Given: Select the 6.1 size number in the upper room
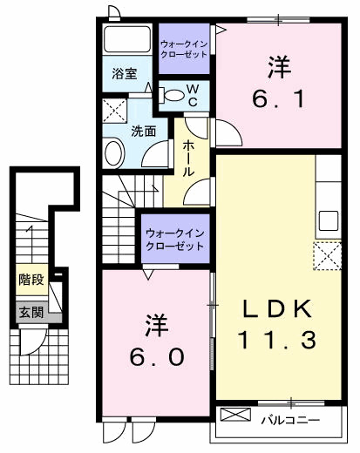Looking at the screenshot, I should (278, 100).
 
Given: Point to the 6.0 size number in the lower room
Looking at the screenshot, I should (156, 357).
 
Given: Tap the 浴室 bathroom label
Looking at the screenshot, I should (125, 75).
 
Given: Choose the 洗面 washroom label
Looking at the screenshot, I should (144, 131).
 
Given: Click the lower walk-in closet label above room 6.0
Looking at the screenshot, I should (174, 240).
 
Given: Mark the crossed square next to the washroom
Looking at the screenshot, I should (112, 110).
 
